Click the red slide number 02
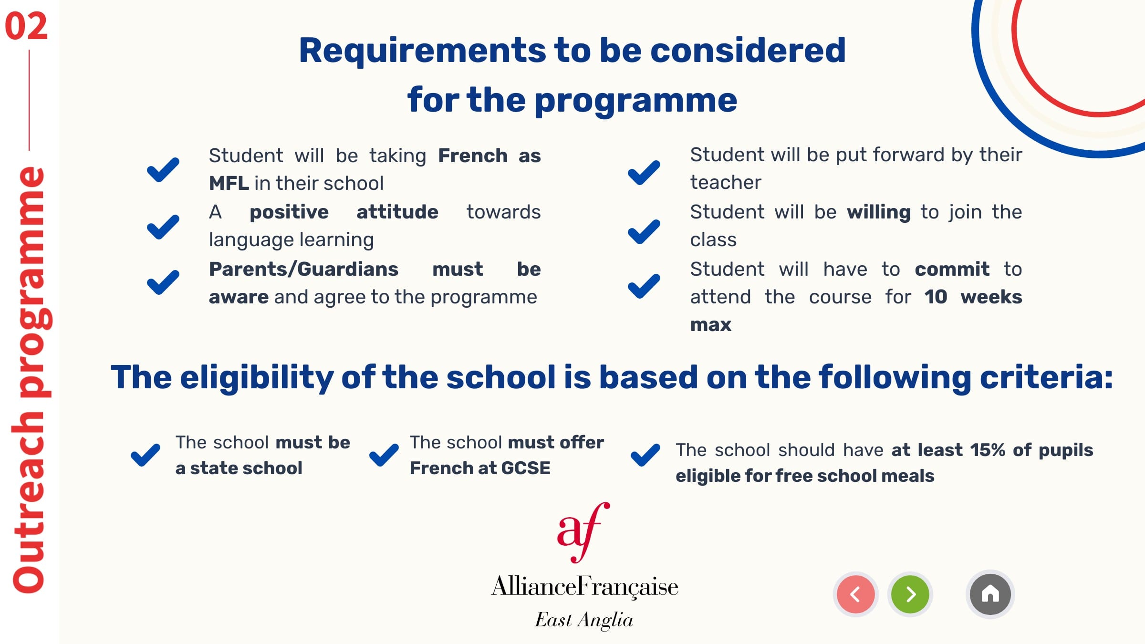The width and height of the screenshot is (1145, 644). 26,26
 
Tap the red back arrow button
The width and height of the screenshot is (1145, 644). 855,594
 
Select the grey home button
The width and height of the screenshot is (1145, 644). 990,594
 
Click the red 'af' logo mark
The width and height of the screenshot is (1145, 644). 583,532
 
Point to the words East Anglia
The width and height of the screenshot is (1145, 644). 584,620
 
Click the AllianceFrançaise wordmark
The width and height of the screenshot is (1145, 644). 584,586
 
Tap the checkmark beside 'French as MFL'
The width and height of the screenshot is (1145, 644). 163,170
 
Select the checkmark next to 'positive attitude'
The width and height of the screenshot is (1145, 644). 163,227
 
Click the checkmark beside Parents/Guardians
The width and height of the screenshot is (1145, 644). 163,282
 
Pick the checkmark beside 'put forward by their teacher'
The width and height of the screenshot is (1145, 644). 644,172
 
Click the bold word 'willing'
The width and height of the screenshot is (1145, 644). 879,212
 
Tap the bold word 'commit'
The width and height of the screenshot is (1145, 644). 952,269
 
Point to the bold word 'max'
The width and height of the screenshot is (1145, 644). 710,325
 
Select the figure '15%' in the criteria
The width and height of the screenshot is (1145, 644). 988,450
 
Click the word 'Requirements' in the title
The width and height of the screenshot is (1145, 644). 422,51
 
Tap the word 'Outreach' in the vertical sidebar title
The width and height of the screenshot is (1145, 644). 29,503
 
